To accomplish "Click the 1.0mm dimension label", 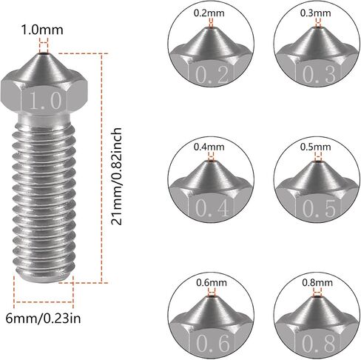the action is point(42,30).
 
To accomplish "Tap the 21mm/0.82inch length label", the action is point(116,176).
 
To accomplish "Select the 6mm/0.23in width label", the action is point(43,319).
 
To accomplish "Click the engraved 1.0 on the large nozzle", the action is point(46,101).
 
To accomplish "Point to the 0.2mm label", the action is point(209,13).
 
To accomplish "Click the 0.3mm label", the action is point(315,13).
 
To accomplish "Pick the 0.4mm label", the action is point(209,147).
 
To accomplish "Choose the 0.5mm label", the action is point(315,147).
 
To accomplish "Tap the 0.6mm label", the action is point(212,282).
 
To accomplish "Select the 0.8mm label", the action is point(317,282).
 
